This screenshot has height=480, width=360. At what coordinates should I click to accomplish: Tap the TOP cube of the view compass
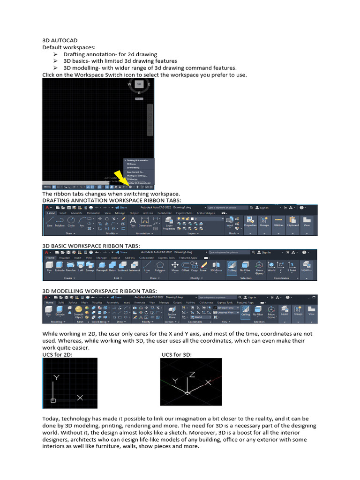[x=139, y=84]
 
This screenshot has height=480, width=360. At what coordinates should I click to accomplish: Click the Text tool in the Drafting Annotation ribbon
[x=133, y=221]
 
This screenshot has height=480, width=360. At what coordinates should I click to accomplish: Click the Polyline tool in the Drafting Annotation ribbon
[x=60, y=221]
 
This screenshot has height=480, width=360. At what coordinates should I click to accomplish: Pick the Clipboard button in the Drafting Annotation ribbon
[x=293, y=221]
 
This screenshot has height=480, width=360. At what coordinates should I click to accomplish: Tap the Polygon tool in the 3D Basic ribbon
[x=160, y=267]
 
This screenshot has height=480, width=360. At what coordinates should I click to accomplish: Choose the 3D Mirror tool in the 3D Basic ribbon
[x=216, y=267]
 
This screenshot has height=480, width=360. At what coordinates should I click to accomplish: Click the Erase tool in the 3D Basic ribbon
[x=203, y=267]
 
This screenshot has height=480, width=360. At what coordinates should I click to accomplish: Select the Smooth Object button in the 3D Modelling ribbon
[x=79, y=311]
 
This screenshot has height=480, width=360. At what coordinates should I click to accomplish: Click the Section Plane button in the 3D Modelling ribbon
[x=172, y=311]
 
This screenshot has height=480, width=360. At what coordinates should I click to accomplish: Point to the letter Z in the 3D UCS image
[x=192, y=375]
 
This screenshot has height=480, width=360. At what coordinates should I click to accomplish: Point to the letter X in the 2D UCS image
[x=80, y=397]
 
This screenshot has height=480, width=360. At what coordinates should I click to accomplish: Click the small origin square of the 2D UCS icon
[x=53, y=400]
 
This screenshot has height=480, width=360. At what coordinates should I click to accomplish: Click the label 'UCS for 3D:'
[x=177, y=354]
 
